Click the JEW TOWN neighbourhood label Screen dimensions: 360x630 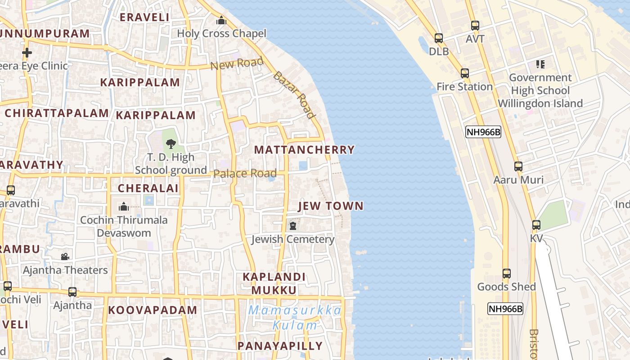(x=331, y=206)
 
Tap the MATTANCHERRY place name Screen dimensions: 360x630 (x=304, y=150)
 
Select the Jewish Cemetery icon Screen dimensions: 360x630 (x=293, y=225)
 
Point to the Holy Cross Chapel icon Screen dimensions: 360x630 (x=221, y=20)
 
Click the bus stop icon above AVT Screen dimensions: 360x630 (x=475, y=26)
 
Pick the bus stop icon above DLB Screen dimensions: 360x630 (x=438, y=38)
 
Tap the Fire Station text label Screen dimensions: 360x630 (x=464, y=86)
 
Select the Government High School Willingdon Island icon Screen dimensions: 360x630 (x=540, y=64)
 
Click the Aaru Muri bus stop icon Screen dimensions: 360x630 (x=518, y=166)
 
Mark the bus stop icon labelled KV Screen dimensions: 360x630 (x=536, y=225)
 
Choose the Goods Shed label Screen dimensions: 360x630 (x=506, y=287)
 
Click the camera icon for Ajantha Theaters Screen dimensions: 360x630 (x=65, y=256)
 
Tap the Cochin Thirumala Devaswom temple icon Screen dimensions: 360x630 (x=123, y=207)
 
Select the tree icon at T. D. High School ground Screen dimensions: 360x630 (x=171, y=144)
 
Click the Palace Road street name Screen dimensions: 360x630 (x=245, y=174)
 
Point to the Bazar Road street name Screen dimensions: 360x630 (x=294, y=94)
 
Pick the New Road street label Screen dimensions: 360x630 (x=237, y=64)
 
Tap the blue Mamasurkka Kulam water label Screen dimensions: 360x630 (x=295, y=318)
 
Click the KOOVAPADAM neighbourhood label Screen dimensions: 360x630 (x=153, y=310)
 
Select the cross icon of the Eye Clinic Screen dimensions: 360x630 (x=27, y=53)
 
